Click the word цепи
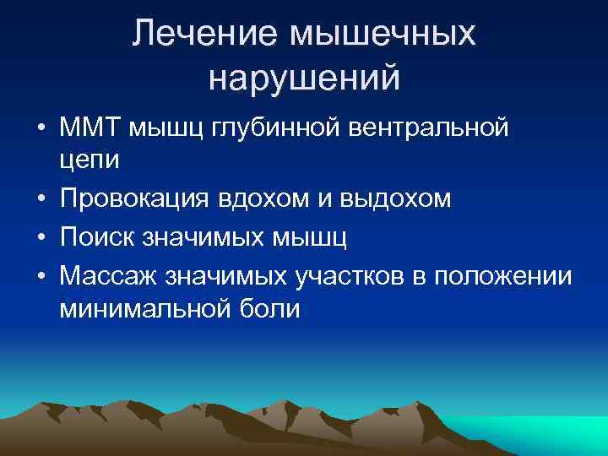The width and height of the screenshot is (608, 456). (91, 160)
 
